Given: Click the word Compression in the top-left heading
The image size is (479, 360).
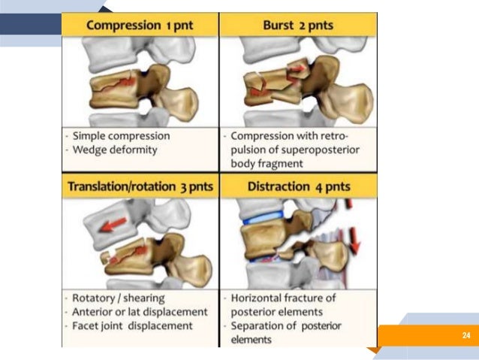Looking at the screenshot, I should click(x=122, y=25).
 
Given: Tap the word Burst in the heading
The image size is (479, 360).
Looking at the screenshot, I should click(x=279, y=25).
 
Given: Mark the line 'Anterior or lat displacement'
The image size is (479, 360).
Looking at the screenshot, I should click(x=140, y=312).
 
